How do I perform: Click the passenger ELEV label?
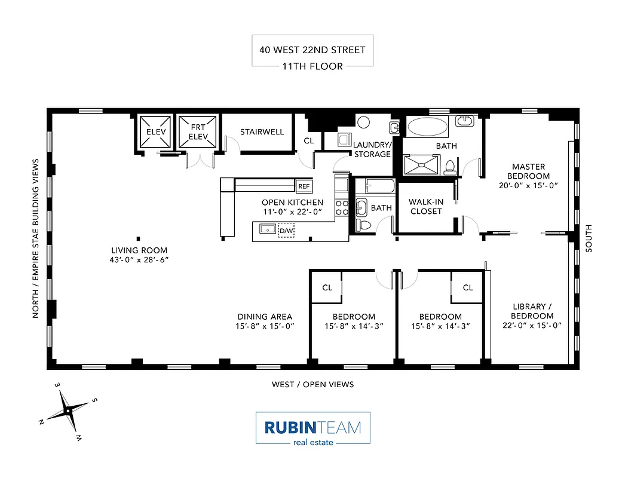pyautogui.click(x=156, y=132)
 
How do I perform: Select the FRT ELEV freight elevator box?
pyautogui.click(x=198, y=132)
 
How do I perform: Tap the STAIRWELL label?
pyautogui.click(x=262, y=132)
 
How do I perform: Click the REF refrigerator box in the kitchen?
pyautogui.click(x=304, y=186)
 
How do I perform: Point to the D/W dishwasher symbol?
pyautogui.click(x=287, y=231)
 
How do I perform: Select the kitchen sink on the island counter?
pyautogui.click(x=267, y=229)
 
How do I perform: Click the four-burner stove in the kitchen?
pyautogui.click(x=342, y=207)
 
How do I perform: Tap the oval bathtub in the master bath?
pyautogui.click(x=427, y=127)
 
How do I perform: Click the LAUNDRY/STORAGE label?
pyautogui.click(x=372, y=149)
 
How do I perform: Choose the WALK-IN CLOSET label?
pyautogui.click(x=426, y=206)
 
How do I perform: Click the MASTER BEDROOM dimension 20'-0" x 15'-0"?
pyautogui.click(x=528, y=185)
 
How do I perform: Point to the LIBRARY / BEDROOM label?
pyautogui.click(x=528, y=311)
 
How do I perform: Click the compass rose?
pyautogui.click(x=69, y=411)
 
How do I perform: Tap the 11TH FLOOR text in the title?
pyautogui.click(x=312, y=66)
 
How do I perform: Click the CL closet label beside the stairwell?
pyautogui.click(x=308, y=141)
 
